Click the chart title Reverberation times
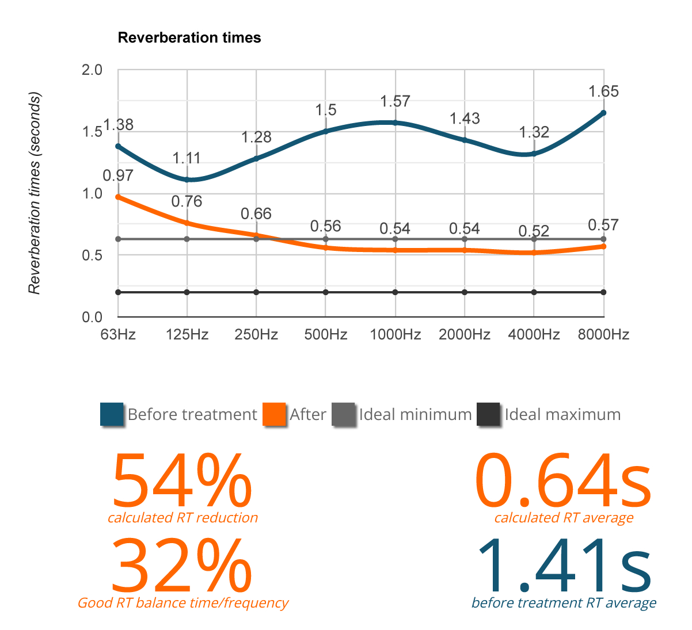[189, 38]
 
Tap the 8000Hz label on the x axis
[603, 335]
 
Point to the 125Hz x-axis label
[187, 335]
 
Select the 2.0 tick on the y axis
[92, 70]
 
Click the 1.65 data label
[603, 91]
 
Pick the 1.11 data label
[187, 158]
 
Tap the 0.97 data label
[118, 175]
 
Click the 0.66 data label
[256, 214]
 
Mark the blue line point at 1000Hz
[395, 123]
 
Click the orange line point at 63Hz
[118, 197]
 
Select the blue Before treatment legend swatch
[112, 415]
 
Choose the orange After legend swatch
[275, 415]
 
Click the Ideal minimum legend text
[415, 415]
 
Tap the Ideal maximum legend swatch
[489, 415]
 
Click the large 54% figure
[181, 480]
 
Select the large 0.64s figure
[564, 480]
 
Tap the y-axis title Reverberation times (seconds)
[35, 193]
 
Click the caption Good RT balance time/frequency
[183, 603]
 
